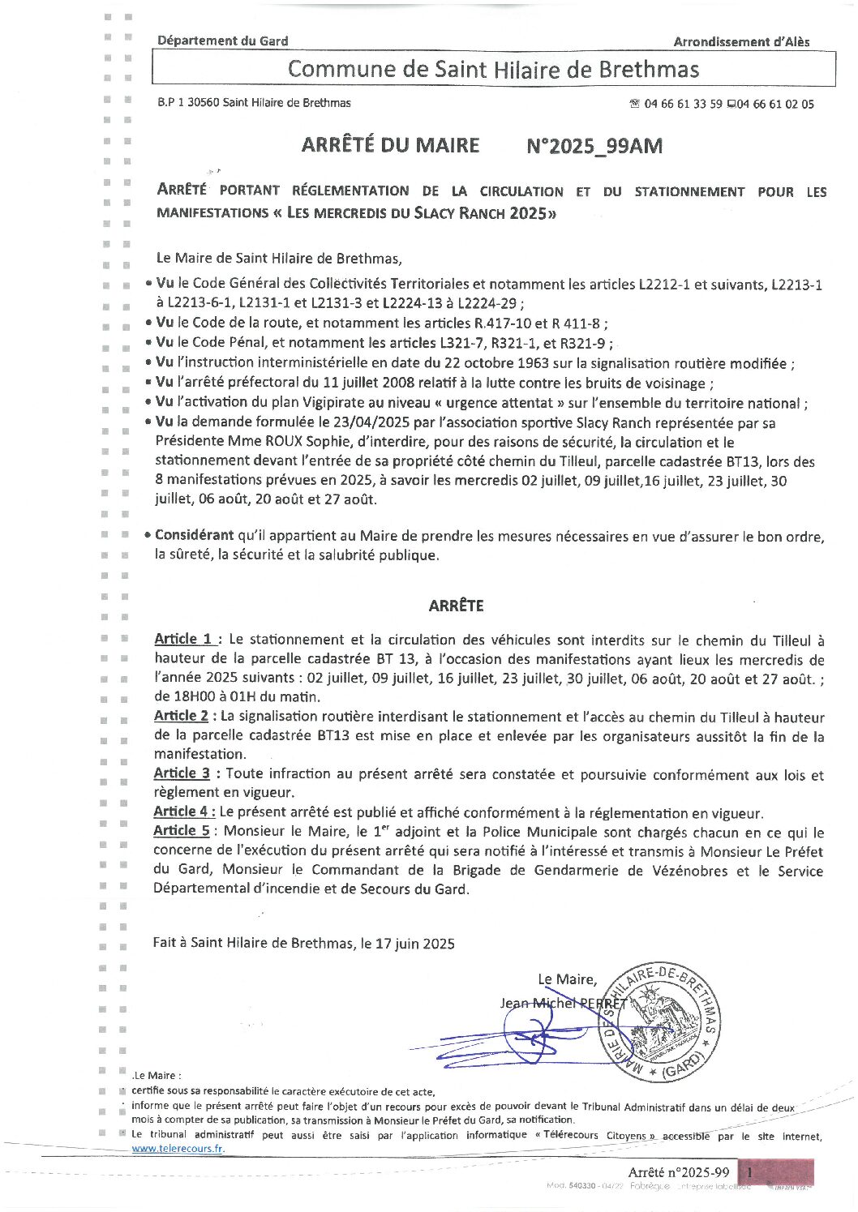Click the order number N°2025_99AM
pyautogui.click(x=594, y=146)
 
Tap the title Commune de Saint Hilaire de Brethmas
pyautogui.click(x=493, y=69)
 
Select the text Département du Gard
pyautogui.click(x=222, y=41)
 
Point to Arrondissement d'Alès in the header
pyautogui.click(x=741, y=41)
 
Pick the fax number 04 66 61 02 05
pyautogui.click(x=774, y=104)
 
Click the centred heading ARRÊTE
pyautogui.click(x=456, y=606)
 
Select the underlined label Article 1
pyautogui.click(x=184, y=639)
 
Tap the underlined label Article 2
pyautogui.click(x=182, y=716)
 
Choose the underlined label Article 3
pyautogui.click(x=182, y=773)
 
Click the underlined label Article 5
pyautogui.click(x=182, y=831)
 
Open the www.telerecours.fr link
pyautogui.click(x=178, y=1149)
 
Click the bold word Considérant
pyautogui.click(x=194, y=536)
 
